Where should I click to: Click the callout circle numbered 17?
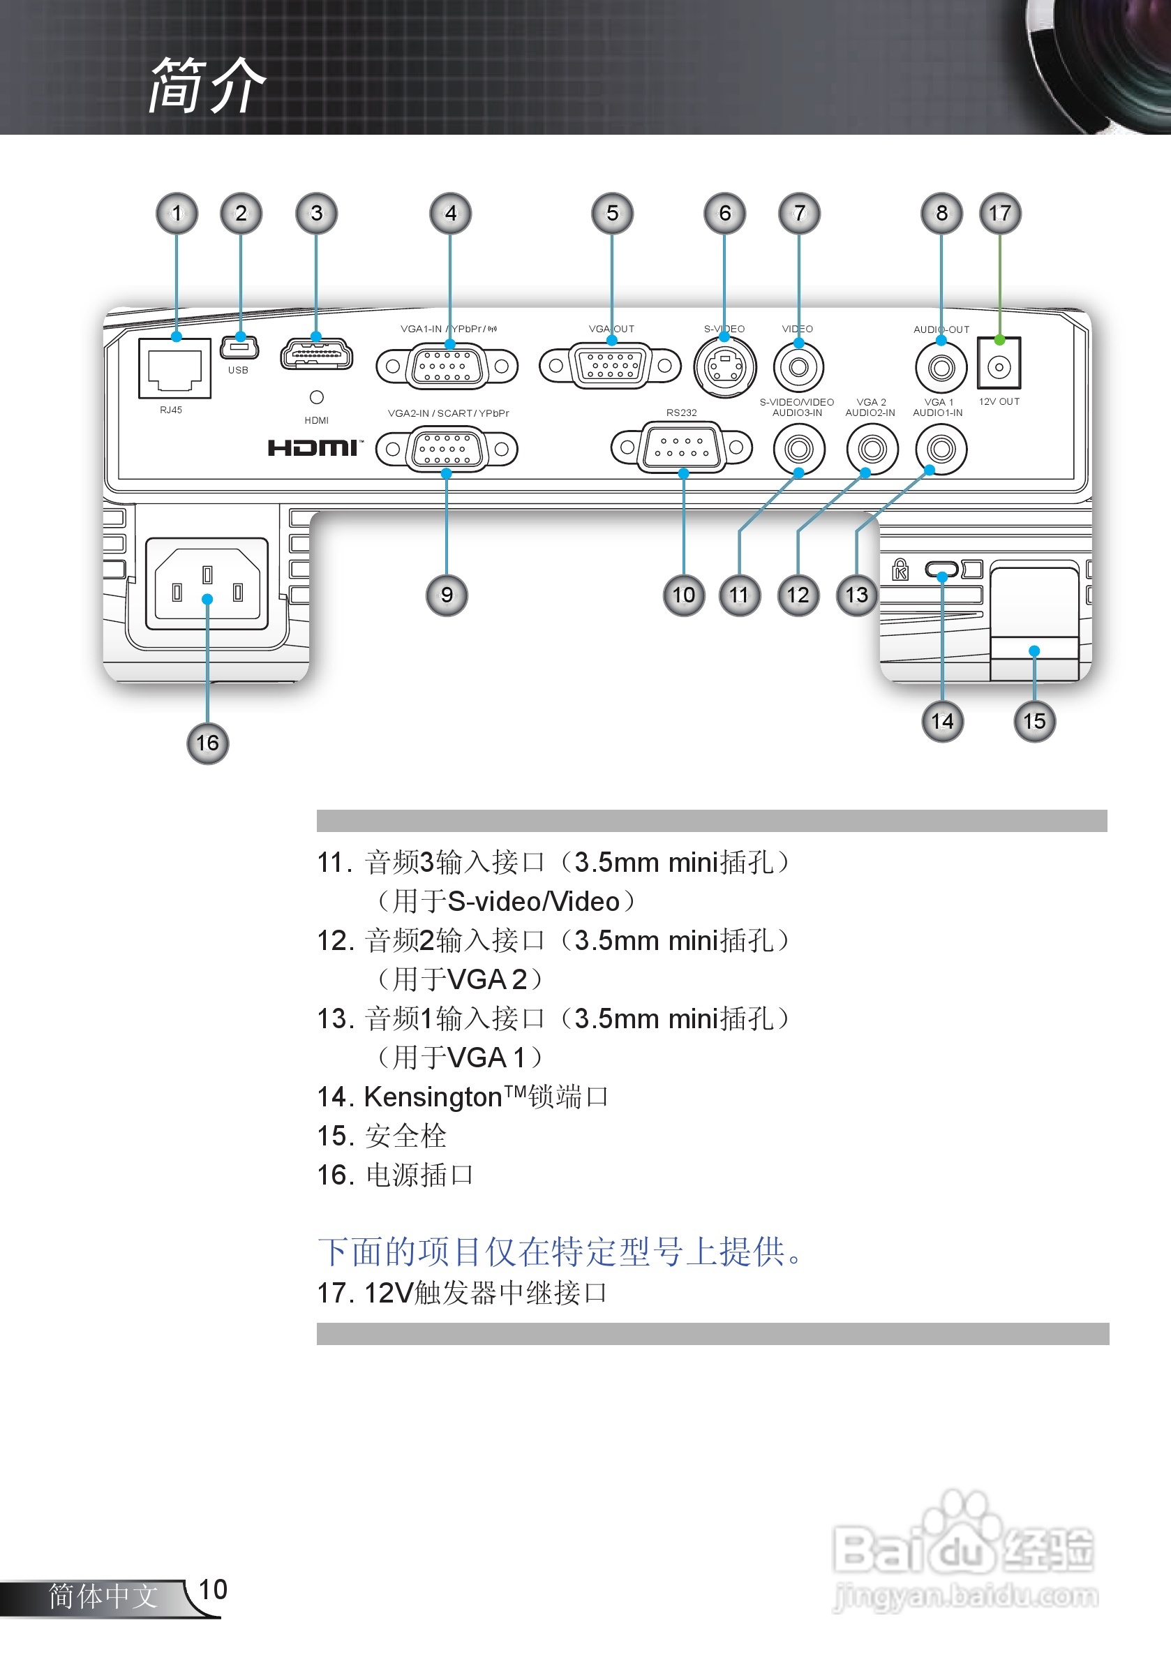[x=999, y=214]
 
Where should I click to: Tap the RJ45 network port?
[x=174, y=369]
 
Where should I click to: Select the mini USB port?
[x=239, y=348]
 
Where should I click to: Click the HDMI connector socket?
[x=316, y=355]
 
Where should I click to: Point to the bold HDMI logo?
[x=313, y=448]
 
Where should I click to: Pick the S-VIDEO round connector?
[x=724, y=367]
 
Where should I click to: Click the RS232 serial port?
[x=681, y=447]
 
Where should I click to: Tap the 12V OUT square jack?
[x=999, y=364]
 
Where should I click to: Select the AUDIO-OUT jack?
[x=941, y=368]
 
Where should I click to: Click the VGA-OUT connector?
[x=611, y=366]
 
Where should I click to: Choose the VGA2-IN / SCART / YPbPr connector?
[x=447, y=449]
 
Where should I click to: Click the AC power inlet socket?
[x=207, y=584]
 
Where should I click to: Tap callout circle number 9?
[x=447, y=595]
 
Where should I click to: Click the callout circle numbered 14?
[x=942, y=721]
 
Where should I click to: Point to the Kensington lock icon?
[x=900, y=570]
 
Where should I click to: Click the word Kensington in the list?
[x=433, y=1097]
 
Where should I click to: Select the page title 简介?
[x=207, y=86]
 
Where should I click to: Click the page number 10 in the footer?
[x=213, y=1589]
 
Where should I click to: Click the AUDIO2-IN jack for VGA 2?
[x=872, y=449]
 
